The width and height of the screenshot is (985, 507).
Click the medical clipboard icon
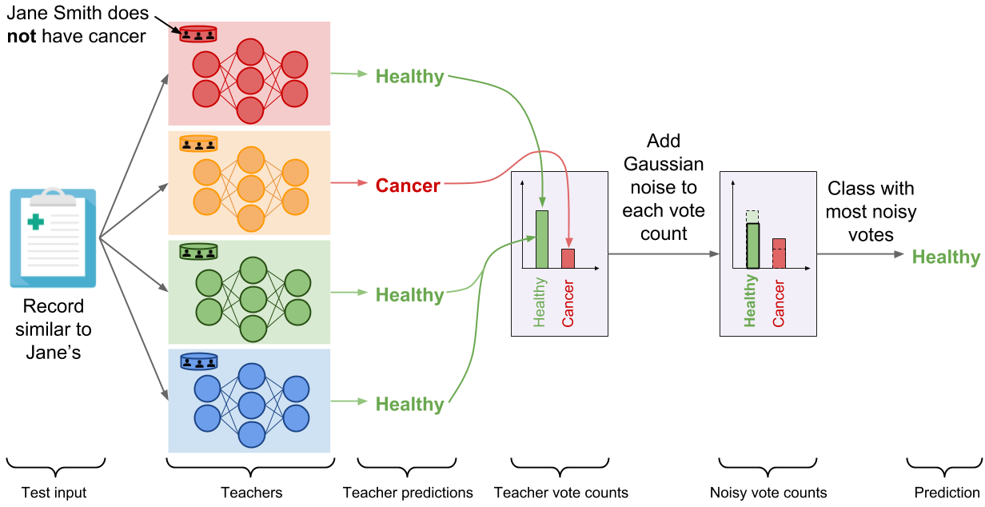(53, 238)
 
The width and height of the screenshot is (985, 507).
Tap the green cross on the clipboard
(36, 222)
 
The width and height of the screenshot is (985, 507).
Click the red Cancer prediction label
(408, 186)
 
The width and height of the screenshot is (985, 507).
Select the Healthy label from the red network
(409, 77)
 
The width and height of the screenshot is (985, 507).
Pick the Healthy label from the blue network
(409, 405)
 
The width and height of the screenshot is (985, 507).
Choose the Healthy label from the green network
(409, 295)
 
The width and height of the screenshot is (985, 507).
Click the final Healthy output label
(946, 257)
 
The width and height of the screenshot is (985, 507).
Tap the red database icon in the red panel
(198, 34)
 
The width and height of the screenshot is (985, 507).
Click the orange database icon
(198, 144)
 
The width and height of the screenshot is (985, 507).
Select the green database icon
(198, 252)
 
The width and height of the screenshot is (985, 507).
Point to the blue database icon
(198, 361)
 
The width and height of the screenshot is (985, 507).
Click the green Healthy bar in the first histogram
(542, 239)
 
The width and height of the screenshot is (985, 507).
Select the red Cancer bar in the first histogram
(568, 258)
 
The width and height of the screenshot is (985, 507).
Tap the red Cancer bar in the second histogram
(779, 253)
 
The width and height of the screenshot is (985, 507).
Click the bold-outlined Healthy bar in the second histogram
(752, 246)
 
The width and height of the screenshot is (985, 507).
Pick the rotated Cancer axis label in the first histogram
(568, 303)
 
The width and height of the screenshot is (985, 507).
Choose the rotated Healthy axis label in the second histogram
(751, 301)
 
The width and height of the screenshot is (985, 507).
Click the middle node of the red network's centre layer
(250, 81)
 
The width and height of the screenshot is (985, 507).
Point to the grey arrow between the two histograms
(664, 254)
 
